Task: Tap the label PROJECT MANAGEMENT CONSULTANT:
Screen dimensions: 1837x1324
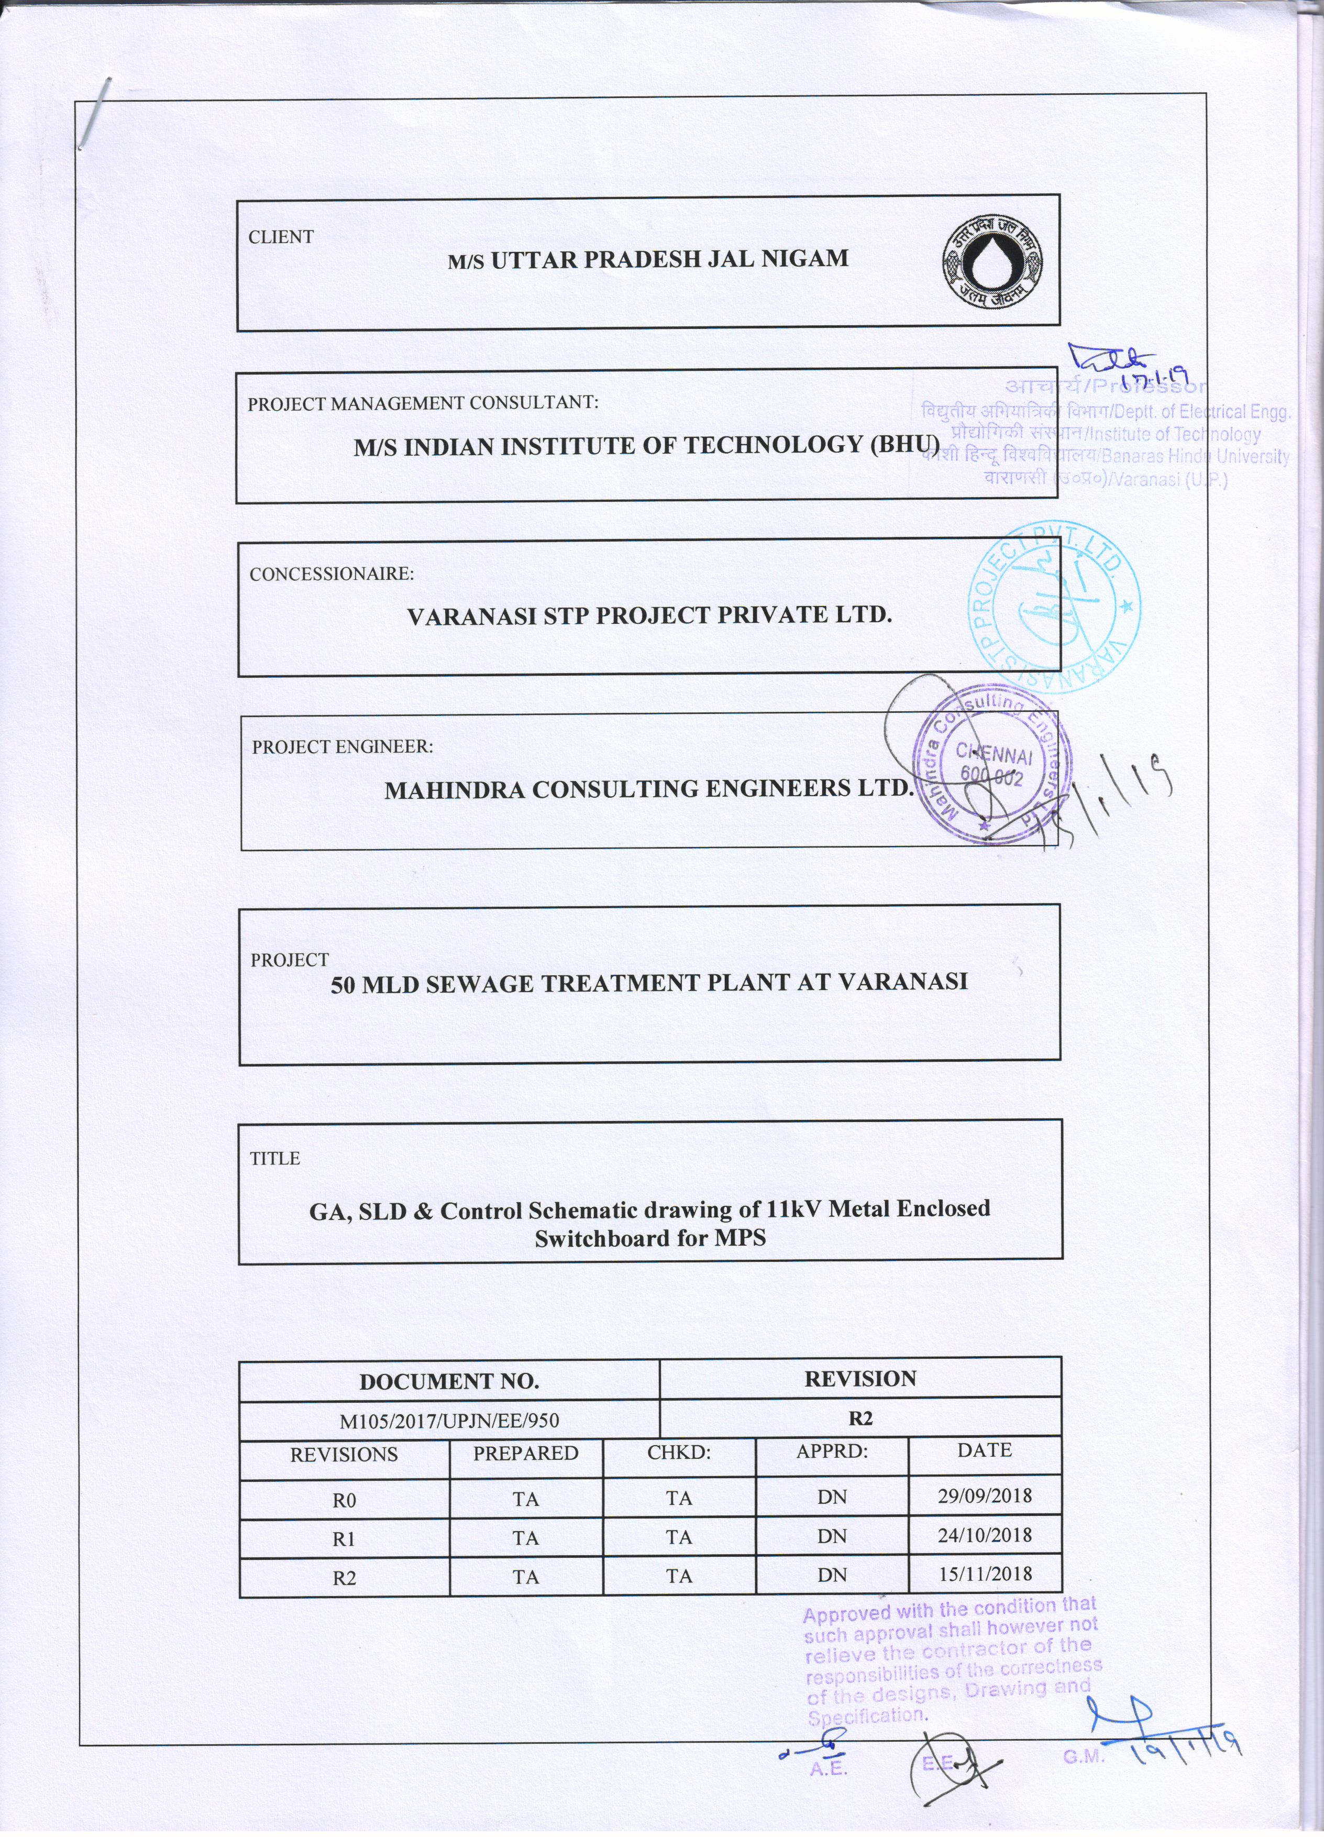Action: [x=423, y=403]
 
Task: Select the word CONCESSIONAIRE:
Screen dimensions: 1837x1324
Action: [x=331, y=574]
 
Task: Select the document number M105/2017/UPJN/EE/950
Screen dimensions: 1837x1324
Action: [x=449, y=1420]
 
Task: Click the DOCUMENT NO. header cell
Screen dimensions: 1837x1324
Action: [x=449, y=1381]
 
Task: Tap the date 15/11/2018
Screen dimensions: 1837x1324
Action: [x=985, y=1574]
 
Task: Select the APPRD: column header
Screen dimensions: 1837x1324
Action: [x=832, y=1450]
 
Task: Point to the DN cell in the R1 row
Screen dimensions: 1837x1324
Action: [x=832, y=1536]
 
